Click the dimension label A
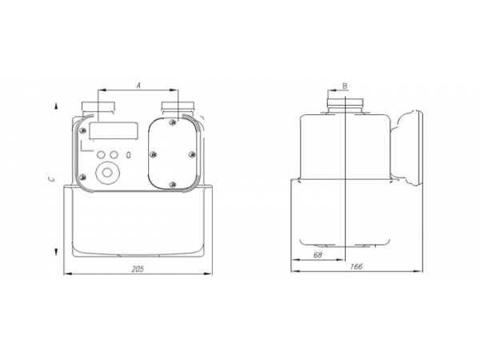(138, 83)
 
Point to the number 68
(318, 255)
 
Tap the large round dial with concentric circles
(106, 172)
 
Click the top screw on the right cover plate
(173, 122)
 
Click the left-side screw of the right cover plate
(152, 155)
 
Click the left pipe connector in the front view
(98, 107)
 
